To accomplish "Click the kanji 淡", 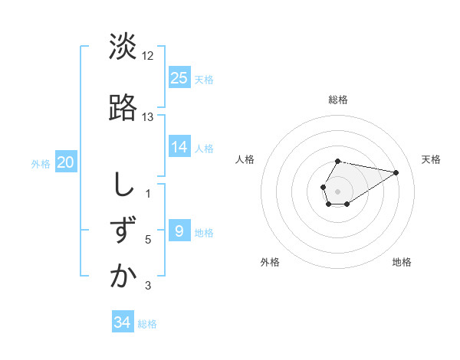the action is tap(123, 47).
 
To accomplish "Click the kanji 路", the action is tap(123, 107).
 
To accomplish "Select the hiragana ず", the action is tap(123, 230).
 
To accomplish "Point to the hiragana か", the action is tap(123, 276).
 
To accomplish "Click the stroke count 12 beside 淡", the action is tap(148, 57).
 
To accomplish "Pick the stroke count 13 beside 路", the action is tap(148, 117).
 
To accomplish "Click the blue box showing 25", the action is tap(179, 77).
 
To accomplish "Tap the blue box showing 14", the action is tap(179, 147).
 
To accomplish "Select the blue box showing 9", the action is tap(179, 231).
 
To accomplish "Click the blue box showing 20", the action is tap(66, 162).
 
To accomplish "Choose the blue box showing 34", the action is tap(123, 322).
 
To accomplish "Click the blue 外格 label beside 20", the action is tap(41, 163).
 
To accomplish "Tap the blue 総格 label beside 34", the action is tap(147, 324).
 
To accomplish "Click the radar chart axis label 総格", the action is tap(338, 100).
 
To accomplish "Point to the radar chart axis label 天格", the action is tap(432, 159).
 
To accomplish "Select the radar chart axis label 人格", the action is tap(245, 159).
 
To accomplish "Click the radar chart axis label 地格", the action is tap(402, 262).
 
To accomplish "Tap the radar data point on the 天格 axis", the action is tap(397, 172).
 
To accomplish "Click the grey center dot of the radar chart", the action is tap(338, 190).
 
